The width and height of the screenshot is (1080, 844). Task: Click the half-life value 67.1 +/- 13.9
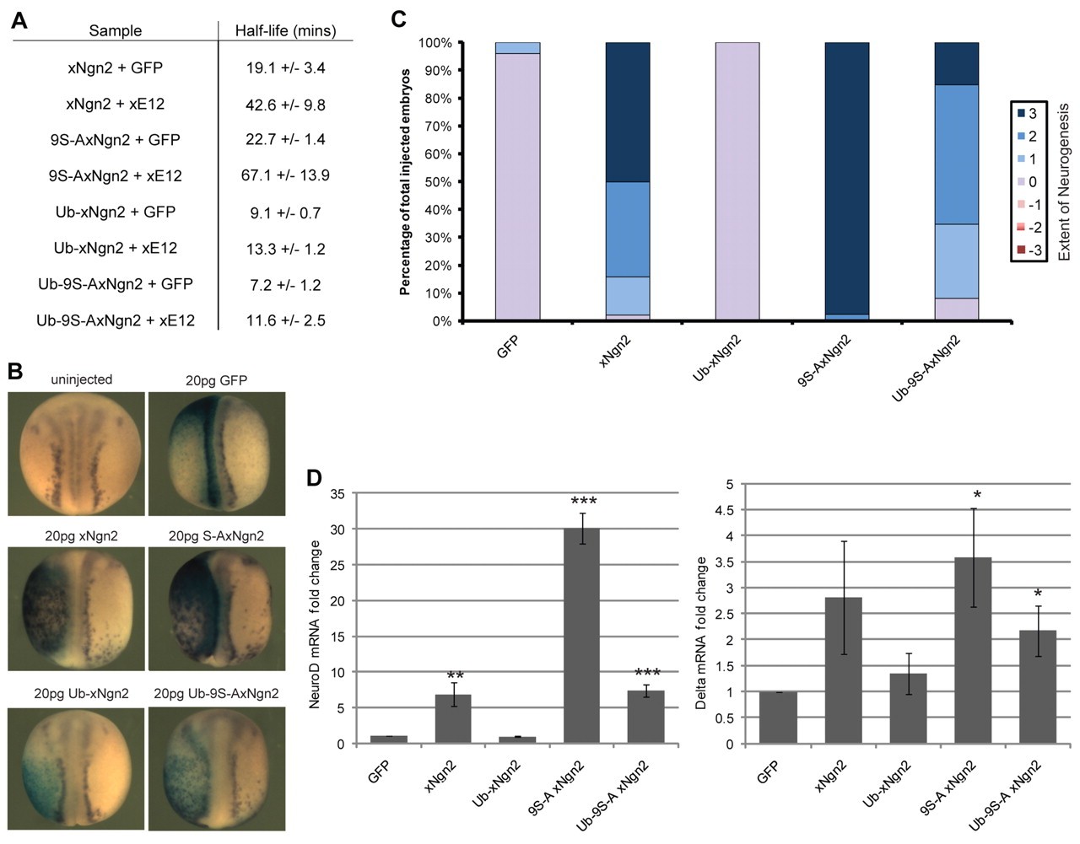click(x=285, y=175)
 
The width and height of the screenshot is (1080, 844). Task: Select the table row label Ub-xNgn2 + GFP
click(x=116, y=212)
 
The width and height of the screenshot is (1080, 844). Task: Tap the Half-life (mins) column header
click(x=285, y=31)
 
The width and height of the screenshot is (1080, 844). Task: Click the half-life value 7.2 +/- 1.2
click(x=285, y=284)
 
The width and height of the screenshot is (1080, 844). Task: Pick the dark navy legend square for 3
click(x=1021, y=114)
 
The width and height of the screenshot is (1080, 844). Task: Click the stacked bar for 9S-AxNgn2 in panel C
click(x=846, y=181)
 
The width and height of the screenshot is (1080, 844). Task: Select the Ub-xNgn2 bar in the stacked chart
click(x=737, y=181)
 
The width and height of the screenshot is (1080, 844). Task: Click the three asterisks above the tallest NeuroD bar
click(x=583, y=503)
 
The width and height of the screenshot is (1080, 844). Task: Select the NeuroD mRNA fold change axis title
click(x=316, y=624)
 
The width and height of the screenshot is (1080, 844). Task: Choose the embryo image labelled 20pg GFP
click(x=217, y=454)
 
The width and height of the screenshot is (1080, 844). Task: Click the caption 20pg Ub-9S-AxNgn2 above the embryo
click(x=216, y=694)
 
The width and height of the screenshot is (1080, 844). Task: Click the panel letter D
click(x=314, y=478)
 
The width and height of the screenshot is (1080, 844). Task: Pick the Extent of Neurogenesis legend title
click(x=1063, y=182)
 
